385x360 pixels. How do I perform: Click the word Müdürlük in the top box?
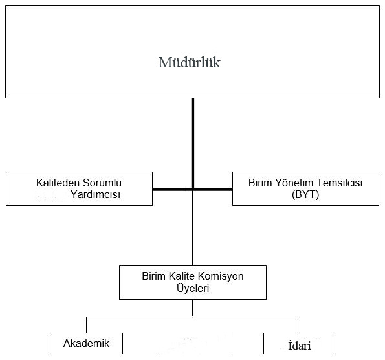coord(190,62)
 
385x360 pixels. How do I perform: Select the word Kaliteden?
coord(58,183)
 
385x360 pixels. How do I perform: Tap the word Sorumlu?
coord(102,183)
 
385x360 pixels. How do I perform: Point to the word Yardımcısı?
coord(96,195)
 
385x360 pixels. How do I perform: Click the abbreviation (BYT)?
coord(305,195)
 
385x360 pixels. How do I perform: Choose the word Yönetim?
coord(294,183)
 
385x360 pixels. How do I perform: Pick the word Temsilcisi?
coord(340,183)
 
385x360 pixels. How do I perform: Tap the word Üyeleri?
coord(193,288)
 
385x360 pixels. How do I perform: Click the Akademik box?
coord(86,343)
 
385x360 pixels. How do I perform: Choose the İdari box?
coord(300,343)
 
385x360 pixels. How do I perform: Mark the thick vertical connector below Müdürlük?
coord(193,144)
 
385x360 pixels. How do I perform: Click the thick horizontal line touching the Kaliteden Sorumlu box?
coord(172,189)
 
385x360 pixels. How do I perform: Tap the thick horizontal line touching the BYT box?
coord(213,189)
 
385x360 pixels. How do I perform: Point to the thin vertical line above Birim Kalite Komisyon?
coord(193,228)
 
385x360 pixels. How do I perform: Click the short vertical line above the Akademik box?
coord(87,325)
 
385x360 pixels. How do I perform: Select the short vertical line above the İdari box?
coord(300,325)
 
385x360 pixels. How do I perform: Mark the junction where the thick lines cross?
coord(193,189)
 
